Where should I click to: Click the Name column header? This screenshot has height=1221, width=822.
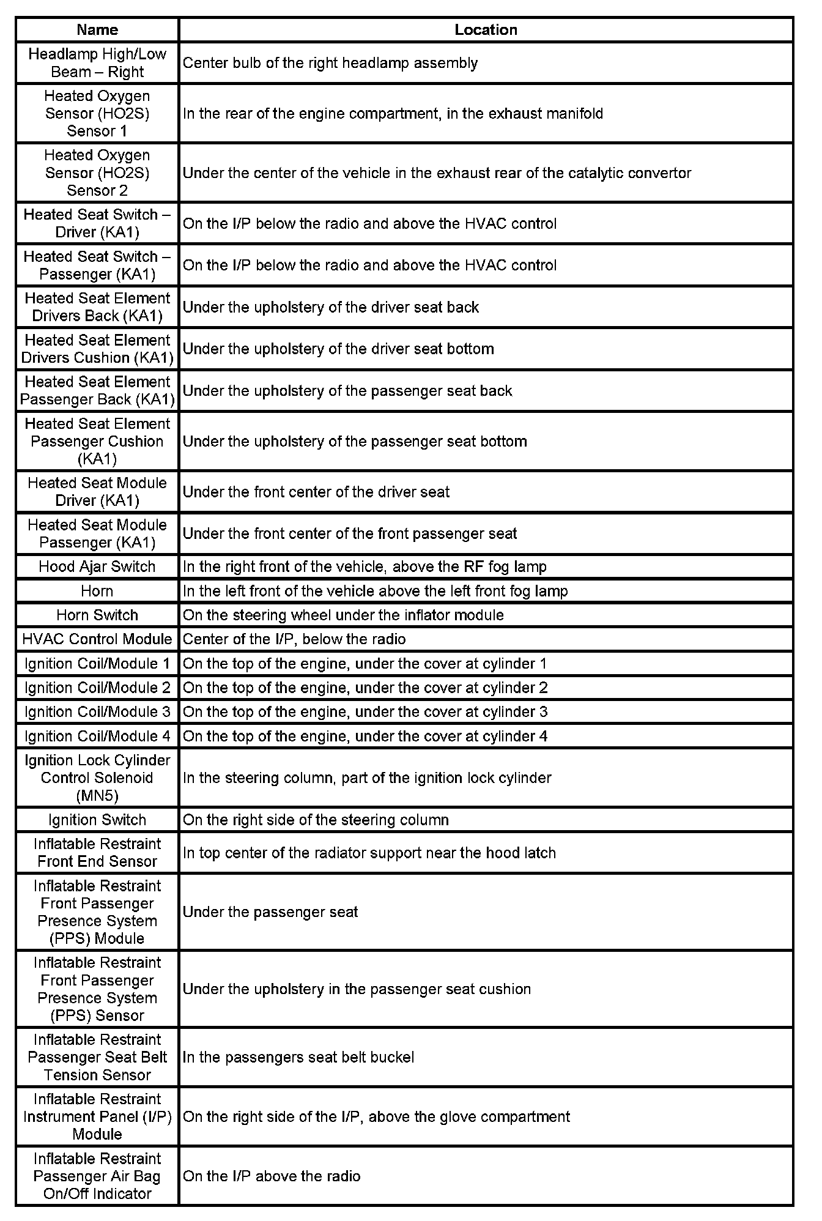tap(97, 29)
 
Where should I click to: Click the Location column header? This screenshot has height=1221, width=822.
tap(486, 29)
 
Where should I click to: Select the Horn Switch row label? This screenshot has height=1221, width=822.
tap(97, 615)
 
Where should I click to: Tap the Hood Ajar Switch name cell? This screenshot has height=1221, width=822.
tap(97, 566)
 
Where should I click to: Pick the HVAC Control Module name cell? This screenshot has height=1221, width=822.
tap(97, 639)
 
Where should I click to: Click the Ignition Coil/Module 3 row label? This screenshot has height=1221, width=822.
tap(97, 712)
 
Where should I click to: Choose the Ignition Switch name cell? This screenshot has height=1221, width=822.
tap(97, 820)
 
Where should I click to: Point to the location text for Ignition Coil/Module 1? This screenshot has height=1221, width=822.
tap(365, 664)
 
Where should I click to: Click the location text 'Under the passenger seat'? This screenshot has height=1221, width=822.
tap(270, 912)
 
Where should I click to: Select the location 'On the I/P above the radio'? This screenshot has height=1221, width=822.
tap(272, 1176)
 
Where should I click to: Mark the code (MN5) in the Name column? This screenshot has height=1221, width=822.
tap(97, 796)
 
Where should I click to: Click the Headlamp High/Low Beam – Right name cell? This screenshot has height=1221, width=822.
tap(97, 62)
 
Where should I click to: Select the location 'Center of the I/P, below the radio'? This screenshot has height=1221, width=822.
tap(294, 639)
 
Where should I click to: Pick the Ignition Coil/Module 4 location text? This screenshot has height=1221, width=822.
tap(365, 736)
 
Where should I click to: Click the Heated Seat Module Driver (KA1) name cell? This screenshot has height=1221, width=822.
tap(97, 492)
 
